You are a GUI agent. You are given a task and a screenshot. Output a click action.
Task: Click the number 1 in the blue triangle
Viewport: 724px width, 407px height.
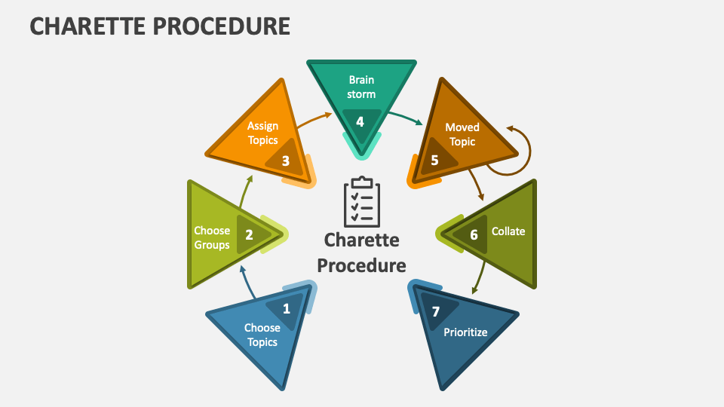286,308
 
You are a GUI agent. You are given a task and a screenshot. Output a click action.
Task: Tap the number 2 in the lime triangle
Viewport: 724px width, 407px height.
249,234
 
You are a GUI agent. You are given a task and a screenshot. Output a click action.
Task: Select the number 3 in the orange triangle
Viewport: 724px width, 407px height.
285,161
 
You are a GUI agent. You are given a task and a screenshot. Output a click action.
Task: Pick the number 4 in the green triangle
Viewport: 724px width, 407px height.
360,121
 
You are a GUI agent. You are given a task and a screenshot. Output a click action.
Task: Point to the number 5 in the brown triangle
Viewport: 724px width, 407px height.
434,160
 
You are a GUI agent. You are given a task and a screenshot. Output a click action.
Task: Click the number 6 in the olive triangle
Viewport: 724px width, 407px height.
474,234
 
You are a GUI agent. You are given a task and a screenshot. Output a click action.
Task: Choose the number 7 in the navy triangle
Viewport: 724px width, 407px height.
435,311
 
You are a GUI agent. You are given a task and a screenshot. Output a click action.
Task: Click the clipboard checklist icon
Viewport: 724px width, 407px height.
362,202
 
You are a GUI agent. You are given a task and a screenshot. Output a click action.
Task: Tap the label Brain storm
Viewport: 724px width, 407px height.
360,87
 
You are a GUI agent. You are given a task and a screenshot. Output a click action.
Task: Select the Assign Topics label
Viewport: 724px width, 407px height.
263,133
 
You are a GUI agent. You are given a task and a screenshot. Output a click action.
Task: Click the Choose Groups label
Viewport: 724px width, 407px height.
212,237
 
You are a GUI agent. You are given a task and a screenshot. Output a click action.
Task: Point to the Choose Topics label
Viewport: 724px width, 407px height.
262,335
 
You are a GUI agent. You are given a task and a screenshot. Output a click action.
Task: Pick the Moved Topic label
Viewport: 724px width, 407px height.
462,134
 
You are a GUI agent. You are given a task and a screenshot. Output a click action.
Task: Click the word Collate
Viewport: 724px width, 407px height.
508,231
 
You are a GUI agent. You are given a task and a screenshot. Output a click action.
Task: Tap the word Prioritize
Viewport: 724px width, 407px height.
465,332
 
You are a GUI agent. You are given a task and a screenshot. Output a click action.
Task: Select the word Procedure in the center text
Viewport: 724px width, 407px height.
361,265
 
